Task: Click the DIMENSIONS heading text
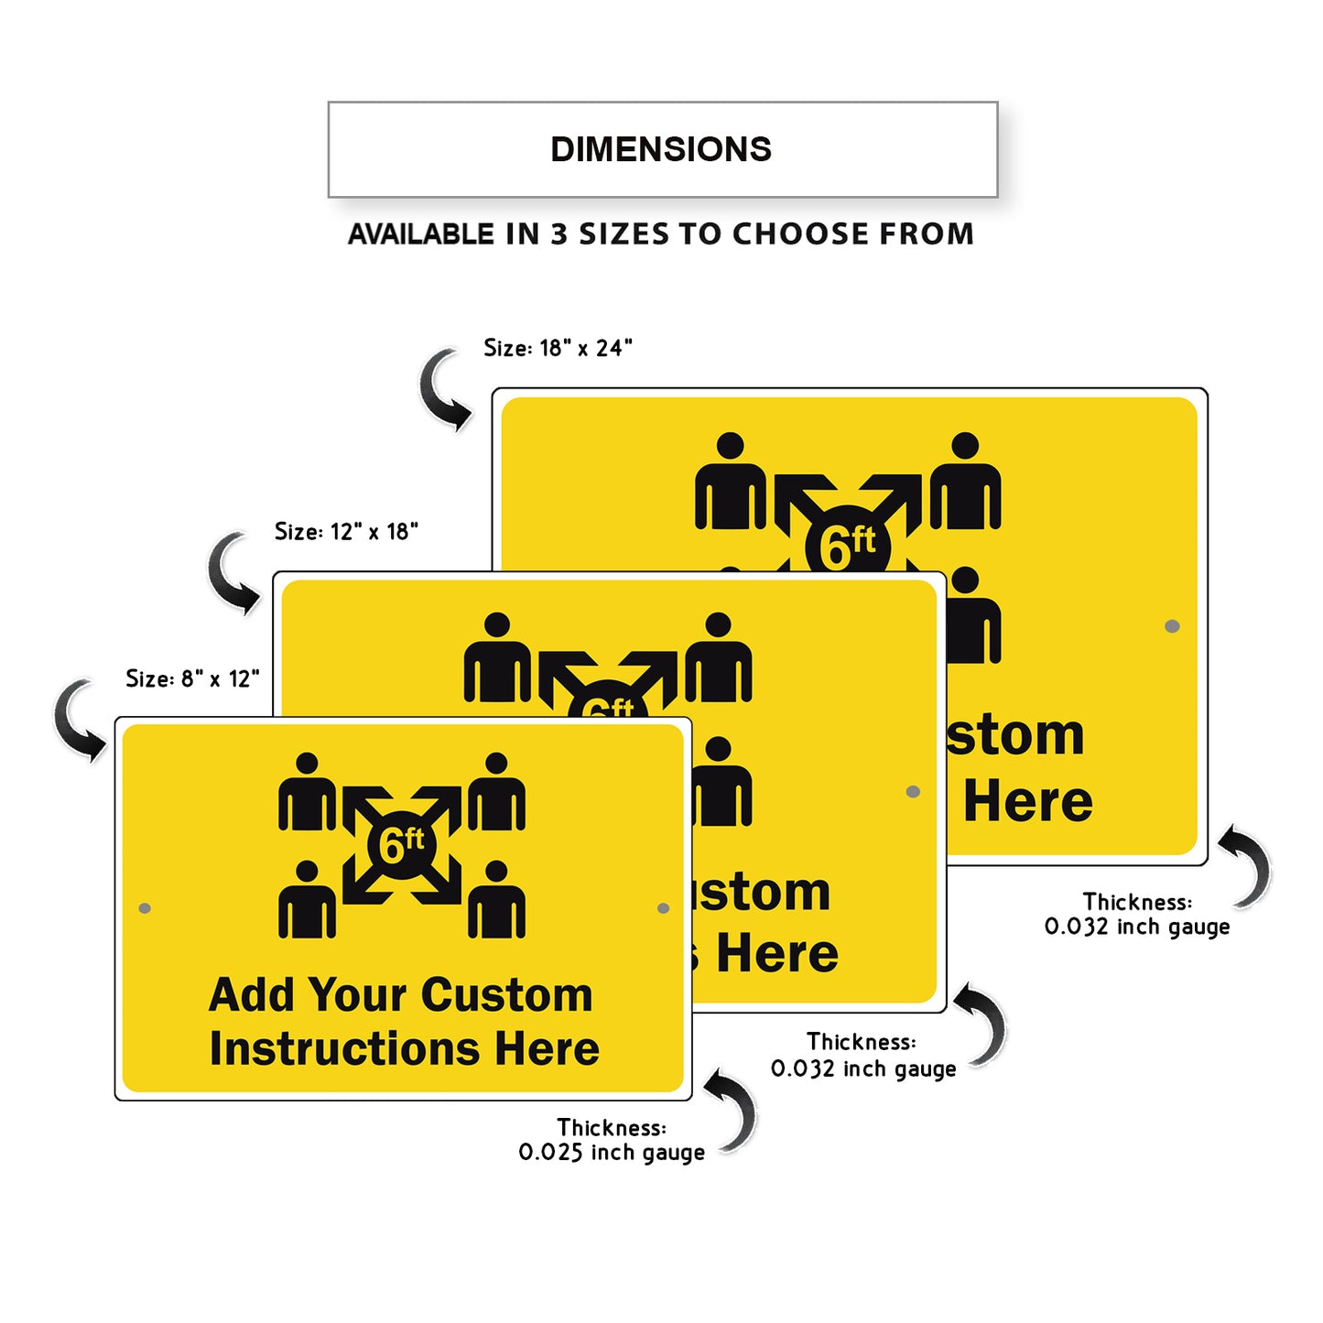tap(660, 149)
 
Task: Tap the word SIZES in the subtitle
tap(624, 234)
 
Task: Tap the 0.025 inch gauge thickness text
tap(612, 1152)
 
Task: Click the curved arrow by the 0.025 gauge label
tap(735, 1111)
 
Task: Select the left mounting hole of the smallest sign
tap(145, 908)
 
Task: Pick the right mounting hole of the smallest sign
tap(663, 908)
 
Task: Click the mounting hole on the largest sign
tap(1172, 626)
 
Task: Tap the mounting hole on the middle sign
tap(913, 791)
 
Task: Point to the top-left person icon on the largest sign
tap(730, 482)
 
